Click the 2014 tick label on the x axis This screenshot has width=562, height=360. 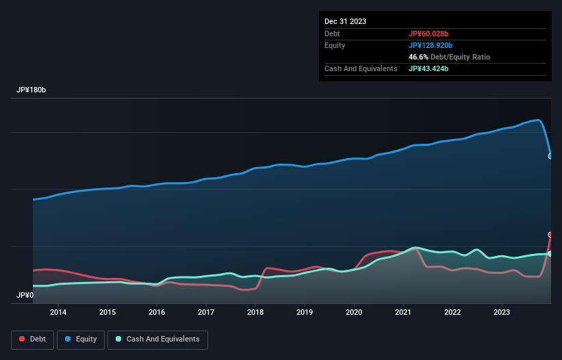(x=58, y=313)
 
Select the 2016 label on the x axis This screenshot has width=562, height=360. (x=157, y=313)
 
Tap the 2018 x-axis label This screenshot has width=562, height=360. (x=255, y=313)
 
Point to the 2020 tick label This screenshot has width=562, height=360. (x=354, y=313)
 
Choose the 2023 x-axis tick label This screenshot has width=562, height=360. (x=502, y=313)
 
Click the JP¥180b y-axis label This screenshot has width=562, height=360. (x=31, y=90)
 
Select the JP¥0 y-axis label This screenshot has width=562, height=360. (x=25, y=296)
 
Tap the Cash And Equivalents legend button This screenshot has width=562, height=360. (x=157, y=339)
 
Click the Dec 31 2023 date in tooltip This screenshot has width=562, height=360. (x=345, y=21)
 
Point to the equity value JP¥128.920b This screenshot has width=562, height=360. (x=434, y=45)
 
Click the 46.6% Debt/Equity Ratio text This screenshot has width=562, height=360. (x=449, y=57)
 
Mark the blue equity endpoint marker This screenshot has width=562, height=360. (x=550, y=156)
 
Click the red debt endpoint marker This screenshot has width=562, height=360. (x=550, y=235)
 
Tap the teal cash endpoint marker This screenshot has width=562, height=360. (x=550, y=254)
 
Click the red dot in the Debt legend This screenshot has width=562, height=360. (x=23, y=339)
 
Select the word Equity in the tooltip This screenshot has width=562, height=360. (x=335, y=45)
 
